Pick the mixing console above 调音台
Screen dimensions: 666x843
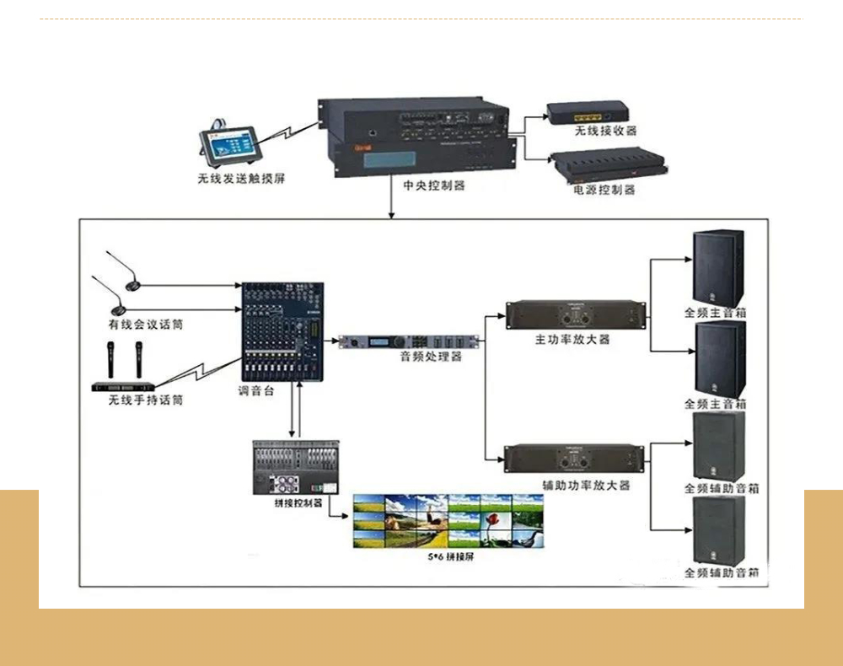point(282,331)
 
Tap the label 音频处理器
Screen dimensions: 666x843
point(431,357)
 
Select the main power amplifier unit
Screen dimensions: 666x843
point(576,314)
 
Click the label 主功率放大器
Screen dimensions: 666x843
point(572,339)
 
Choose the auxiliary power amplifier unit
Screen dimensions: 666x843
point(576,459)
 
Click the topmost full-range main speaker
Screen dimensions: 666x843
point(717,268)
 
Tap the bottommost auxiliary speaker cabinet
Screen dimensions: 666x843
point(718,531)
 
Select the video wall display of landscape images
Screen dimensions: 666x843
point(448,521)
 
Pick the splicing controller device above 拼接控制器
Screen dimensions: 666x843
point(296,467)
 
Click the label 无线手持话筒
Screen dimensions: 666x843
point(145,400)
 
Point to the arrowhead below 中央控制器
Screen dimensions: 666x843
point(391,215)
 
